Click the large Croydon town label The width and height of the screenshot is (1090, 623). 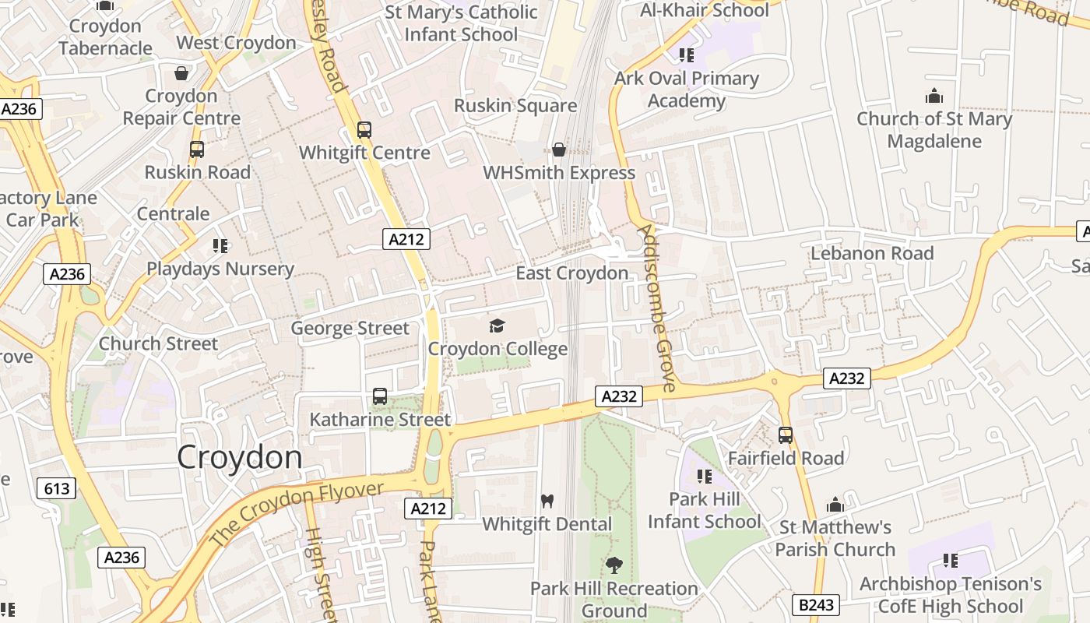(x=239, y=457)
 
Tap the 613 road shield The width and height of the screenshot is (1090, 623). (x=57, y=489)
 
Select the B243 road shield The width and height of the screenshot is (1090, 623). (x=817, y=604)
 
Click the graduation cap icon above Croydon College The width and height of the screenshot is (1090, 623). (x=498, y=326)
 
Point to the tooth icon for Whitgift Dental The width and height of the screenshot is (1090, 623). (x=547, y=501)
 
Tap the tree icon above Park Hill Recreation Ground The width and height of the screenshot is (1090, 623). (x=614, y=565)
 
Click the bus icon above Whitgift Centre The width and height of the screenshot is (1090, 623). (x=364, y=129)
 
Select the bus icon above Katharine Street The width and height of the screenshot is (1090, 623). (x=380, y=396)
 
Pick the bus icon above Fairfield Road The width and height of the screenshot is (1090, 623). (x=786, y=435)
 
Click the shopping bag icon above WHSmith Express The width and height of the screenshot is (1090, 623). (x=558, y=149)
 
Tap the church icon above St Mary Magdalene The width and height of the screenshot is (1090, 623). (x=934, y=96)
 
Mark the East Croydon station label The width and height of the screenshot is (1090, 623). (x=571, y=273)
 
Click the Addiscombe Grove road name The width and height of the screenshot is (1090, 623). (x=656, y=308)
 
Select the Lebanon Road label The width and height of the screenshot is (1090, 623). (x=872, y=253)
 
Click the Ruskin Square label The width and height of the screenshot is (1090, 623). (x=515, y=106)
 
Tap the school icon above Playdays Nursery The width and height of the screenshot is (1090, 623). (x=220, y=246)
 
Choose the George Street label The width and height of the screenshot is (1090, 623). (x=350, y=328)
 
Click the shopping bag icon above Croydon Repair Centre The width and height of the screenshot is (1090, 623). (x=181, y=73)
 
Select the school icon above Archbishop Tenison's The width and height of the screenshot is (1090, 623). (x=950, y=561)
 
